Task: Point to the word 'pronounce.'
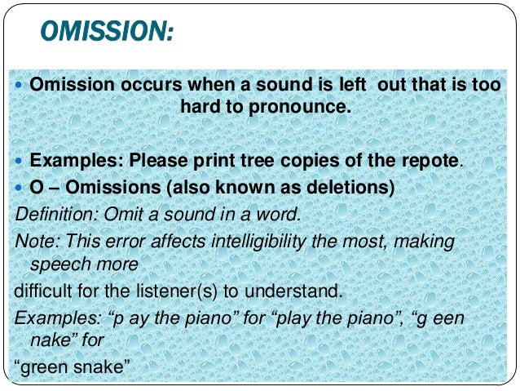click(305, 107)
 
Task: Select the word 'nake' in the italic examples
click(48, 339)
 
